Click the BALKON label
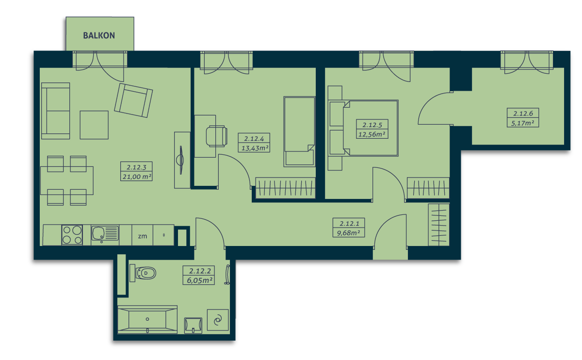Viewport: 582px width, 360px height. [x=99, y=35]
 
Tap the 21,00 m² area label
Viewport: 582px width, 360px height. [x=137, y=177]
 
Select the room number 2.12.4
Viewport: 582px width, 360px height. [x=254, y=139]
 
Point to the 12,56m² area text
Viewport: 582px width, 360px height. [x=372, y=134]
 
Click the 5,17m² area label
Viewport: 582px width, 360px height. [x=522, y=123]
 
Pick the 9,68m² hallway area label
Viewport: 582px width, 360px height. [x=348, y=233]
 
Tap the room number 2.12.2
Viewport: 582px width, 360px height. [x=200, y=271]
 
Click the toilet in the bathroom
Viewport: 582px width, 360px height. [x=143, y=273]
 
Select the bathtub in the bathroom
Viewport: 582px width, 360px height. [x=147, y=319]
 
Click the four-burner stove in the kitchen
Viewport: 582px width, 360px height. [x=72, y=235]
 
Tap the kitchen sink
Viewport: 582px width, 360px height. [x=105, y=233]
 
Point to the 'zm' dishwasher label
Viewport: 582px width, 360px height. [x=143, y=236]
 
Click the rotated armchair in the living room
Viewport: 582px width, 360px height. [x=133, y=100]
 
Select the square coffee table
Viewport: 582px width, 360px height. [x=94, y=125]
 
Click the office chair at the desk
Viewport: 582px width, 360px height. [x=217, y=136]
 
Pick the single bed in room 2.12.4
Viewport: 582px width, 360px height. [x=299, y=131]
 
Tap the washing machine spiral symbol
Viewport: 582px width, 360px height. [x=218, y=320]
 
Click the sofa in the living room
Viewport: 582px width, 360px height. [x=56, y=111]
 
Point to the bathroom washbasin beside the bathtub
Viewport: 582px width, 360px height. [x=193, y=326]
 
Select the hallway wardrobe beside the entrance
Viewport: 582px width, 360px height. [x=438, y=225]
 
